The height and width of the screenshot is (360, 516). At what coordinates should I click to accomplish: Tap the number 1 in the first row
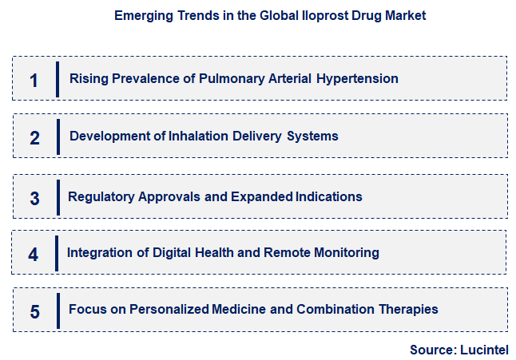click(x=34, y=80)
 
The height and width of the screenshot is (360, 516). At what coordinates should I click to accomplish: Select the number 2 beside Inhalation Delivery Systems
click(x=34, y=137)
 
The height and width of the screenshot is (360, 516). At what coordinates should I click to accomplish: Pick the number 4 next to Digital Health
click(x=33, y=255)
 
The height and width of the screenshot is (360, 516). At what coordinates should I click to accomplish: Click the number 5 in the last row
click(x=34, y=311)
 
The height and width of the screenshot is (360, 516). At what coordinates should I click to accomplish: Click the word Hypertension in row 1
click(x=357, y=79)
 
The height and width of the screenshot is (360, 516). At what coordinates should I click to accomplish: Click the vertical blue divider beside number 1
click(x=58, y=78)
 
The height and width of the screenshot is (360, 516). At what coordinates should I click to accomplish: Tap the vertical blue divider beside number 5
click(x=58, y=310)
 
